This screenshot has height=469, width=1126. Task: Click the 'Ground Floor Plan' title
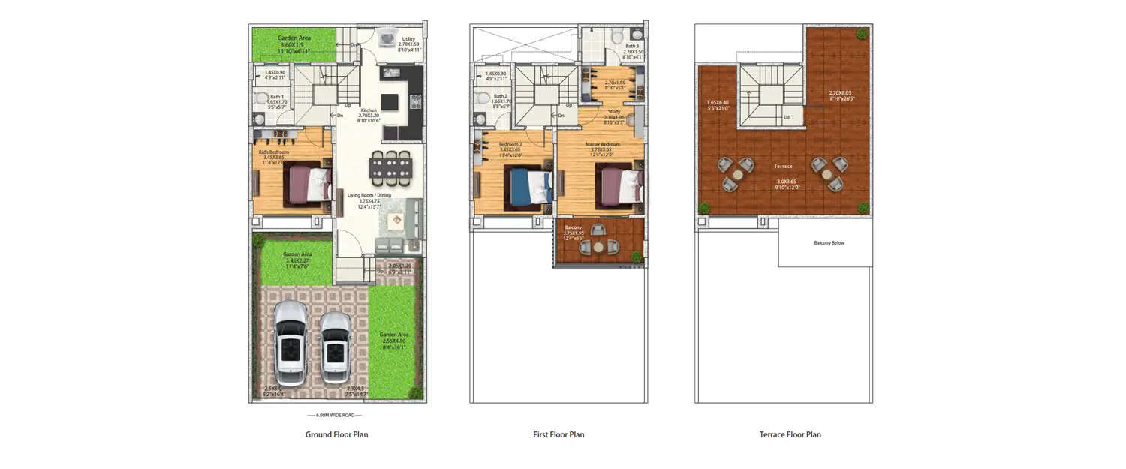[336, 434]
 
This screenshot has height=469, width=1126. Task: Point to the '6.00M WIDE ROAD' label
[334, 415]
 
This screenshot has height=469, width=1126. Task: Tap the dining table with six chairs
[390, 168]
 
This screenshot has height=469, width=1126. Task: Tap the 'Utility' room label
[408, 38]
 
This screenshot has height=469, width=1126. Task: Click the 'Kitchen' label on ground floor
[368, 110]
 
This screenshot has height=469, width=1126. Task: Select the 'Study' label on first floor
[613, 112]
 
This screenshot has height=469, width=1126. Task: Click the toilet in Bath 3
[616, 36]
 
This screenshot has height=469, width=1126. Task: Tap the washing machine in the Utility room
[388, 38]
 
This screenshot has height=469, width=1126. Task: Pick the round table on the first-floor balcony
[598, 246]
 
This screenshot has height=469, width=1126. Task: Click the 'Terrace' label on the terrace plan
[784, 166]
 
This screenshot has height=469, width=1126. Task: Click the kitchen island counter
[390, 101]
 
